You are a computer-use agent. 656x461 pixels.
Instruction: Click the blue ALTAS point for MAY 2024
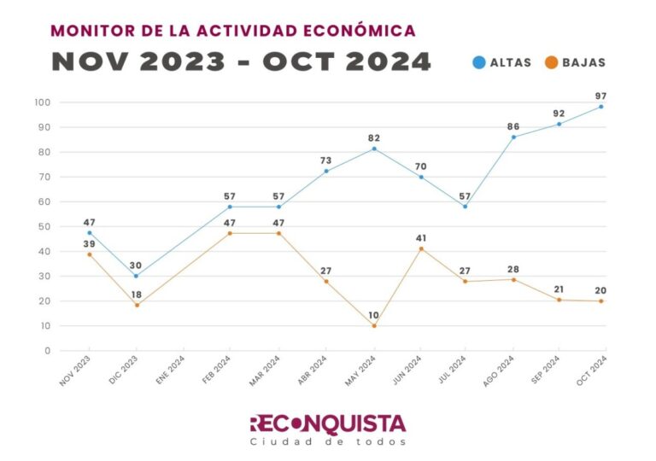[374, 149]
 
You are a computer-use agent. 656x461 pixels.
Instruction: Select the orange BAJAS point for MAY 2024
[374, 325]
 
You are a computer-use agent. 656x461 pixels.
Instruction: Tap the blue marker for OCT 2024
[601, 107]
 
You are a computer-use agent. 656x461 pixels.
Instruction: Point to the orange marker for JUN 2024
[421, 248]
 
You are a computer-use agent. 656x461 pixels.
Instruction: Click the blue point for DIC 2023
[136, 276]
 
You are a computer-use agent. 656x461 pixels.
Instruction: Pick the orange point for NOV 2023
[89, 254]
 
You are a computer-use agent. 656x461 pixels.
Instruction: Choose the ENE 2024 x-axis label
[172, 372]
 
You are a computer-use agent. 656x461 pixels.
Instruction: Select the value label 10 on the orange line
[374, 315]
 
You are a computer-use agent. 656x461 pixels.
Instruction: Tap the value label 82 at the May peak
[374, 137]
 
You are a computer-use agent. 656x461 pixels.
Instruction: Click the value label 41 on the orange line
[421, 238]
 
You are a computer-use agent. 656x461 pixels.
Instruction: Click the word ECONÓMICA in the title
[355, 31]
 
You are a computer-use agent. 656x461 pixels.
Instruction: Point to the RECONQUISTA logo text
[327, 423]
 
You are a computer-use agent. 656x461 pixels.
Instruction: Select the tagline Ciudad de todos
[327, 442]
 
